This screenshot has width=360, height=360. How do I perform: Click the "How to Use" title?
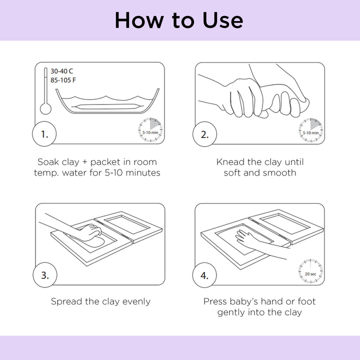tap(179, 20)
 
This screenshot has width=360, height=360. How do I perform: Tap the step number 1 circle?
tap(44, 134)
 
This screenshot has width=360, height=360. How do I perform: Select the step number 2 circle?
tap(204, 134)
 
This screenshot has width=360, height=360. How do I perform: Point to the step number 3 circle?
tap(45, 275)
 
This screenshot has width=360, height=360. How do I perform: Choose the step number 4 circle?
tap(204, 275)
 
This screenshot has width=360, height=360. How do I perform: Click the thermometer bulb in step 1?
tap(45, 108)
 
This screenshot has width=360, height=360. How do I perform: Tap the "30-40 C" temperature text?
tap(62, 71)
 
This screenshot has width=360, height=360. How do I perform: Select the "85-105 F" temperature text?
tap(63, 80)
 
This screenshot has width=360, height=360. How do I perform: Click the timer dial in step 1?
tap(150, 130)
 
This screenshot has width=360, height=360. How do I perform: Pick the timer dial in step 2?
tap(310, 130)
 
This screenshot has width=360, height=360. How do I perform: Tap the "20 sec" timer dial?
tap(310, 271)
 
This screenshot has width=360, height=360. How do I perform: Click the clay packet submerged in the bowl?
tap(107, 106)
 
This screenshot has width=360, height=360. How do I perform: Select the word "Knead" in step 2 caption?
tap(230, 162)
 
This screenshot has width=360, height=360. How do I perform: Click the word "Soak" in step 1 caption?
tap(48, 162)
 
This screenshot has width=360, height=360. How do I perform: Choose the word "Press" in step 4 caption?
tap(215, 301)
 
